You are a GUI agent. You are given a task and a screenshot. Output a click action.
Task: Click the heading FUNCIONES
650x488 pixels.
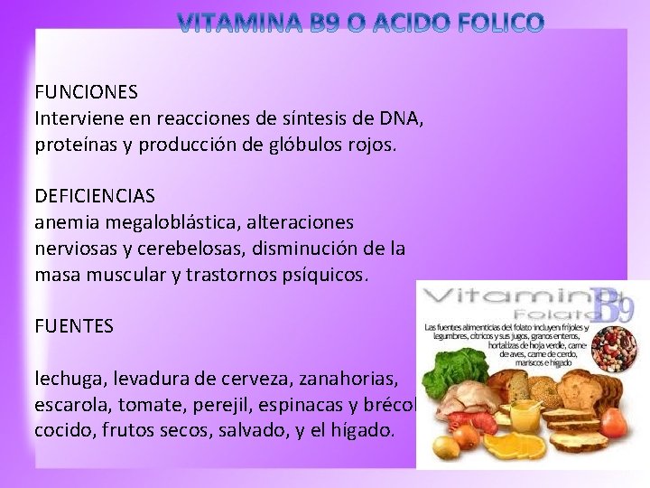(86, 92)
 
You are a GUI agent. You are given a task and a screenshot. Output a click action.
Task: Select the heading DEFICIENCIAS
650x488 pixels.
(95, 195)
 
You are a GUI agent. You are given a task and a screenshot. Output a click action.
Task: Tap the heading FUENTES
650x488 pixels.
(74, 325)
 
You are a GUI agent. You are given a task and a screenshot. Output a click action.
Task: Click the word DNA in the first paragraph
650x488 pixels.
(403, 118)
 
